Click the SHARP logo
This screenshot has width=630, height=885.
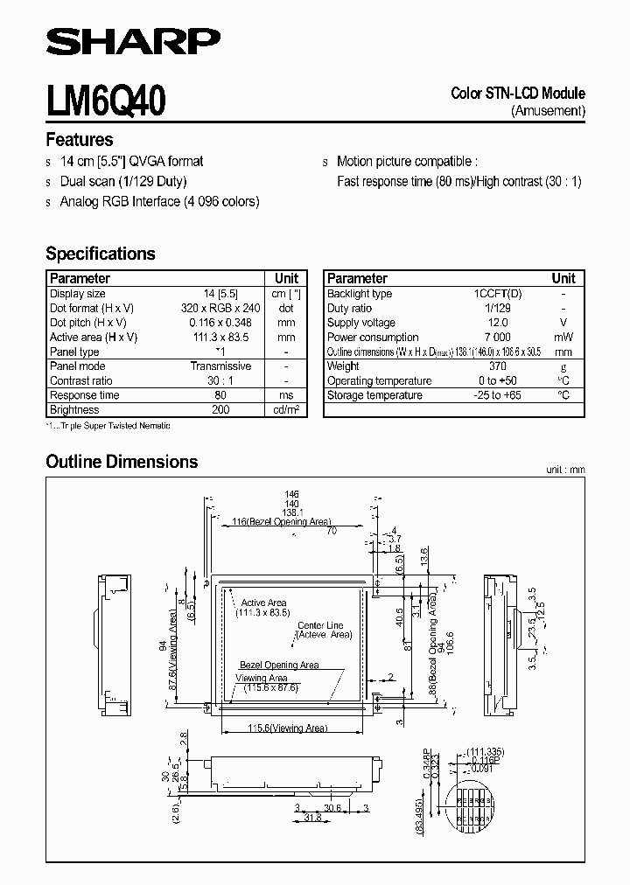pyautogui.click(x=133, y=40)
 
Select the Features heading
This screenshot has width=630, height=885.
pyautogui.click(x=79, y=140)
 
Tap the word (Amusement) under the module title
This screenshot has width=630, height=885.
pyautogui.click(x=548, y=110)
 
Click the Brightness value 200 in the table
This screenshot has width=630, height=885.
pyautogui.click(x=220, y=410)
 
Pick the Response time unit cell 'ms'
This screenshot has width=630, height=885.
pyautogui.click(x=286, y=395)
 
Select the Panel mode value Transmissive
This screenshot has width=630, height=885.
pyautogui.click(x=220, y=366)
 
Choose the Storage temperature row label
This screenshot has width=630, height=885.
pyautogui.click(x=374, y=395)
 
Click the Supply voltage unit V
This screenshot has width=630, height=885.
pyautogui.click(x=563, y=323)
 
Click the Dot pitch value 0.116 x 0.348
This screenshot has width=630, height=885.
pyautogui.click(x=220, y=323)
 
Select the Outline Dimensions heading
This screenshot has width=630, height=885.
pyautogui.click(x=122, y=462)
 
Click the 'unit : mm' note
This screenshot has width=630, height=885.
pyautogui.click(x=565, y=470)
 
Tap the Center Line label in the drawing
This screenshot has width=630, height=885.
pyautogui.click(x=320, y=626)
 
